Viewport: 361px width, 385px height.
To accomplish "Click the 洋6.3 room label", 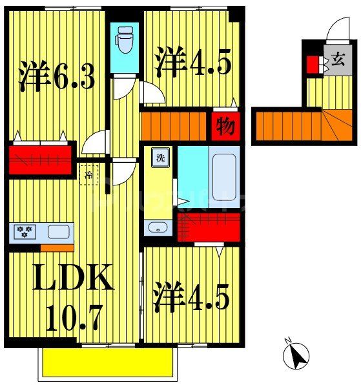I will coord(57,76).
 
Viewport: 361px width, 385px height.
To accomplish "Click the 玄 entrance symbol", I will coord(336,62).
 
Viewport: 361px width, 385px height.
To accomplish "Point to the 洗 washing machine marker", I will coord(159,157).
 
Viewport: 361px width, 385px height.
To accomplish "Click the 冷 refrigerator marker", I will coord(89,173).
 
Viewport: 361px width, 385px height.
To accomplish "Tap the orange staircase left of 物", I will coord(173,125).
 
